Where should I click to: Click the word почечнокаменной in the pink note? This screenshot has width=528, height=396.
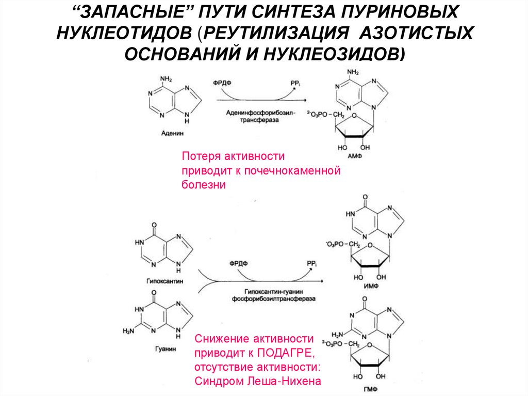pos(295,170)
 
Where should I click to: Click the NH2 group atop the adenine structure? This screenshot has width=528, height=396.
pos(166,78)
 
